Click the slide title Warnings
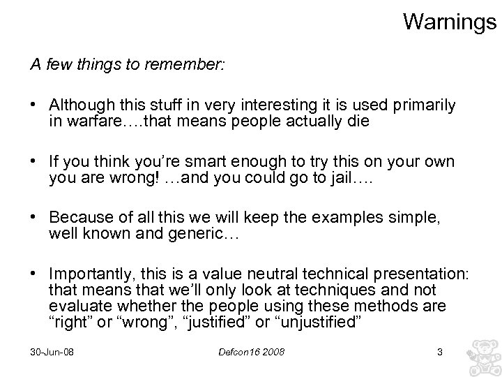tap(450, 22)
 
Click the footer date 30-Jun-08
tap(52, 352)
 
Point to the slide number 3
tap(439, 352)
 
